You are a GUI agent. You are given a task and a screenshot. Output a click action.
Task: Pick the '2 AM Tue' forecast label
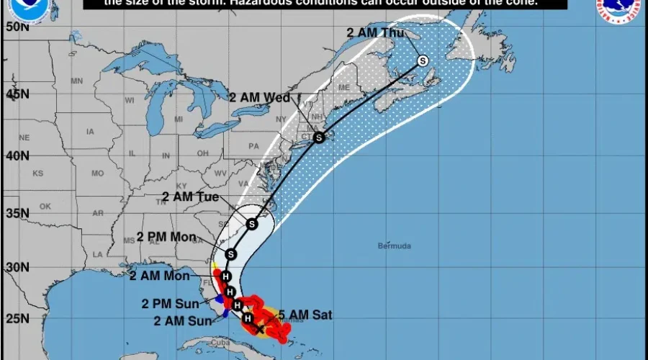188,196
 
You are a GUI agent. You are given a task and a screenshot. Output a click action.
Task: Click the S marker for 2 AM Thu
423,60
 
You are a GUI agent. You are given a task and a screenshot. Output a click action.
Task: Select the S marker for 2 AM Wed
319,138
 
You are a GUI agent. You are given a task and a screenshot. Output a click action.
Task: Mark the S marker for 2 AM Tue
251,224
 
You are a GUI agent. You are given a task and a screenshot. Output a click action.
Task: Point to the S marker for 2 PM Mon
230,253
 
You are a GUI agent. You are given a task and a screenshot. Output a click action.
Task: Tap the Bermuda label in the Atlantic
395,246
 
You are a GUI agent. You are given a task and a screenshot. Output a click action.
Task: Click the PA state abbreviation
253,145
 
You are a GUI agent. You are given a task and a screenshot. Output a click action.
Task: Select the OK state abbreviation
46,206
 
